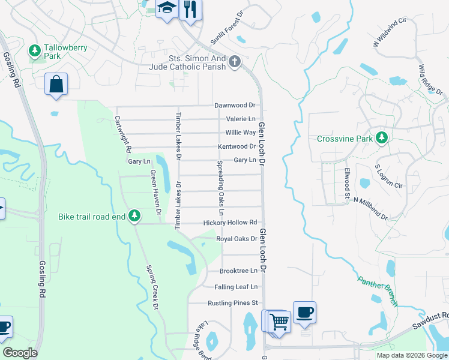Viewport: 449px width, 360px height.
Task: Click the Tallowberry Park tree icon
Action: coord(35,49)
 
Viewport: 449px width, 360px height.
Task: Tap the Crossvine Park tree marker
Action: coord(381,139)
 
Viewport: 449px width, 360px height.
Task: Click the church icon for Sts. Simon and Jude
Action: coord(235,62)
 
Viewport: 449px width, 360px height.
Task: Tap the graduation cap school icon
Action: coord(166,8)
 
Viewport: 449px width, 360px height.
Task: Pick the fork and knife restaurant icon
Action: coord(190,9)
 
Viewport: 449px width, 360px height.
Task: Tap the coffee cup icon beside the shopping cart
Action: coord(304,313)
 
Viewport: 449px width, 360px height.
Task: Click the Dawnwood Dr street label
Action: coord(235,106)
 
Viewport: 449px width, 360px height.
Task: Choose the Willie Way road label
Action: coord(240,133)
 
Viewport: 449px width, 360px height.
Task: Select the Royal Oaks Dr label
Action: coord(237,239)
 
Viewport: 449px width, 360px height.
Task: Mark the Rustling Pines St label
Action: coord(232,303)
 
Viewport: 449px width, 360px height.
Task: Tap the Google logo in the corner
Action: coord(20,353)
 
